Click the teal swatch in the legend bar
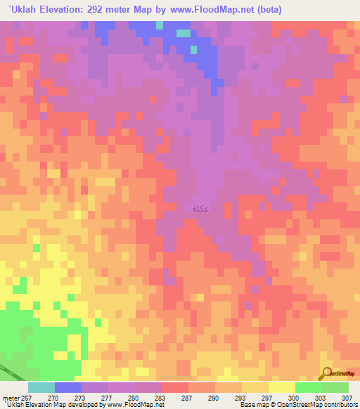click(41, 387)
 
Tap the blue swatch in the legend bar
click(68, 387)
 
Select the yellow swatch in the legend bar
click(282, 387)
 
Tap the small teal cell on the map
click(184, 33)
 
